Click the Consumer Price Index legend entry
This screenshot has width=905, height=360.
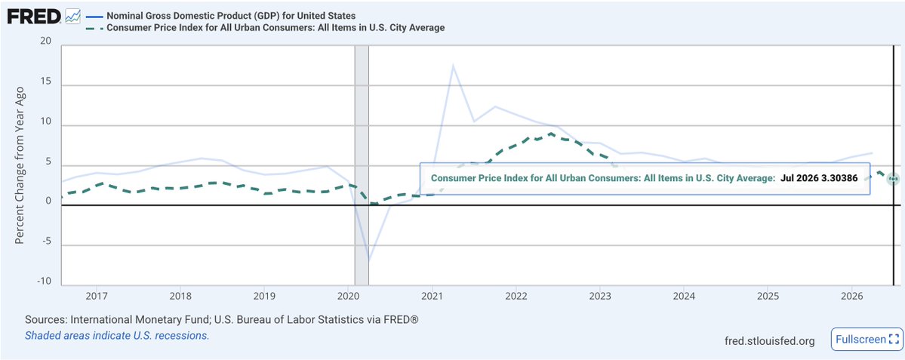pos(265,28)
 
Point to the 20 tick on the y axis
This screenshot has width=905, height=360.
pos(46,42)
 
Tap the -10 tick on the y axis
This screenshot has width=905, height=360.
pos(44,282)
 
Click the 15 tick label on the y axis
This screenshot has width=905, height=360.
pos(46,82)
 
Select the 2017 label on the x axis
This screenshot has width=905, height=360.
pos(97,296)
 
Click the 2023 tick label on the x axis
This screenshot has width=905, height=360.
pos(600,296)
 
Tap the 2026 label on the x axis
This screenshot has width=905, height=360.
pos(852,296)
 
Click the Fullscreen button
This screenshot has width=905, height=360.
pos(866,339)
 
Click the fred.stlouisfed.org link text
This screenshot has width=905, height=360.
pos(769,341)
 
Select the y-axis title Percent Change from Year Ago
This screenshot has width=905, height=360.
pos(19,165)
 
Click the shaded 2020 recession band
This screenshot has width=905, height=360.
pos(362,165)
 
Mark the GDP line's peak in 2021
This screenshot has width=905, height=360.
pos(453,65)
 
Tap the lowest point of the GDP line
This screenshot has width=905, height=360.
pos(369,260)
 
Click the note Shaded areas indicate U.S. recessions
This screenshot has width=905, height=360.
pos(116,334)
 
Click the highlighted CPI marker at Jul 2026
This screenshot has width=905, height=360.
pos(893,179)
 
